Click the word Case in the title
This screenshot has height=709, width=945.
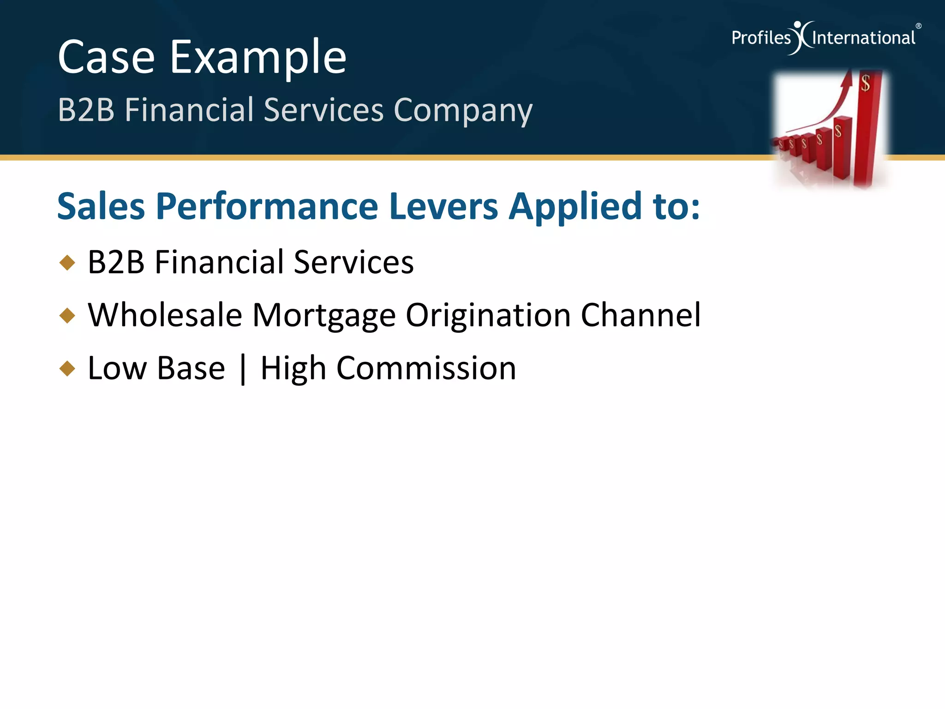click(106, 57)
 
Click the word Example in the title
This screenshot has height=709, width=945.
click(258, 57)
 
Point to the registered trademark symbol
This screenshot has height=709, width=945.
click(918, 26)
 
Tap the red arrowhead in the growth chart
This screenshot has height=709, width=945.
click(846, 79)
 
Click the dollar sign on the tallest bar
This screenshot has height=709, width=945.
click(865, 84)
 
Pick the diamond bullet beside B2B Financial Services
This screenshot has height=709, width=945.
click(67, 263)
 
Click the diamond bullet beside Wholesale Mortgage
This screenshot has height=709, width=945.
click(67, 316)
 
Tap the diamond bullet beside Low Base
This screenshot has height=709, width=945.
click(67, 368)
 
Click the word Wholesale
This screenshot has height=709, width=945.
click(165, 315)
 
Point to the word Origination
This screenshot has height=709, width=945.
click(488, 315)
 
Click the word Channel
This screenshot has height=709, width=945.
click(640, 315)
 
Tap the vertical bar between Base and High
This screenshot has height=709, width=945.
click(243, 369)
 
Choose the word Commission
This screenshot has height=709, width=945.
click(426, 368)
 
